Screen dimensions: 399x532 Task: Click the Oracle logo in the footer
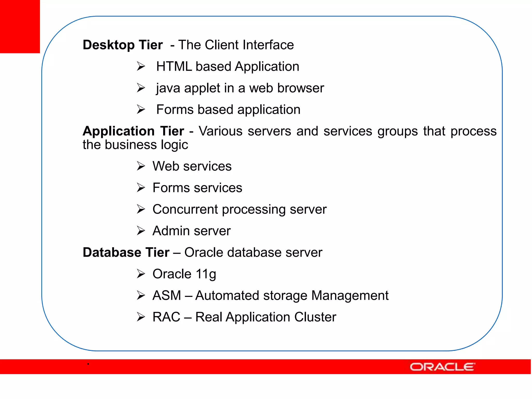(x=442, y=367)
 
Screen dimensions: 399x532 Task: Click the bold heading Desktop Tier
(x=123, y=45)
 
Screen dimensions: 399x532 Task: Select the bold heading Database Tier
(x=126, y=252)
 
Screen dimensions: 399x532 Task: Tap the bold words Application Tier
(x=133, y=131)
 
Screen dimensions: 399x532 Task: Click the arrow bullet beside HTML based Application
(x=141, y=66)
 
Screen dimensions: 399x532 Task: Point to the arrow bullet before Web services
(x=141, y=166)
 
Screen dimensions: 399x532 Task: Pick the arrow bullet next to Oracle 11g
(x=141, y=274)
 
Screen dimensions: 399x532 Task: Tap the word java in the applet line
(x=168, y=88)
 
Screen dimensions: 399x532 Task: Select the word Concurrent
(x=185, y=209)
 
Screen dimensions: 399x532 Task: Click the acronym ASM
(x=167, y=295)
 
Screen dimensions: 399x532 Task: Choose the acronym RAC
(x=166, y=317)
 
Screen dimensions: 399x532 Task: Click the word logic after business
(x=174, y=145)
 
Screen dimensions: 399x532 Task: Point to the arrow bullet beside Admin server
(x=141, y=231)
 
